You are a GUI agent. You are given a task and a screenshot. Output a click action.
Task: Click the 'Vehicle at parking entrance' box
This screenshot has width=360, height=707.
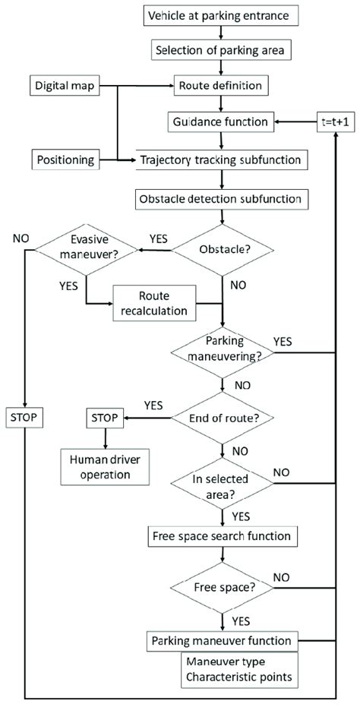tap(220, 15)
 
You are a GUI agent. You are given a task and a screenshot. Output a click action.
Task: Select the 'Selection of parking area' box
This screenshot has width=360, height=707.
tap(220, 52)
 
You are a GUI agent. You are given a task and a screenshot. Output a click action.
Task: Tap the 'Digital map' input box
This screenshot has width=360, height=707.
tap(65, 87)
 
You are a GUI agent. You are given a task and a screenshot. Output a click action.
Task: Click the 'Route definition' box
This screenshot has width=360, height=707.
tap(220, 87)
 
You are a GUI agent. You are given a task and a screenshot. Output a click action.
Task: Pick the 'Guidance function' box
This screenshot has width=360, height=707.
tap(220, 122)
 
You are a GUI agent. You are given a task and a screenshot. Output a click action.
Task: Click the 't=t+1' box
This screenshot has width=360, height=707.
tap(335, 122)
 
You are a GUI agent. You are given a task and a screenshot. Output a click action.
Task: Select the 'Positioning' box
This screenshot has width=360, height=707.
tap(65, 160)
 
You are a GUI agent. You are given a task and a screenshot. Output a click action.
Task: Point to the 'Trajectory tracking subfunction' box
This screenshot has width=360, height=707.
tap(220, 160)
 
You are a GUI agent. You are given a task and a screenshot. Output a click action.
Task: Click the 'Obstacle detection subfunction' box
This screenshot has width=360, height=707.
tap(220, 200)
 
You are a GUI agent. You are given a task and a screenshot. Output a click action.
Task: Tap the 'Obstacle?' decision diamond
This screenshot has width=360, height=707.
tap(220, 250)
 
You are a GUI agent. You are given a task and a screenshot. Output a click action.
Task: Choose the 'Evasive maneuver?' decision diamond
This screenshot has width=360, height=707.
tap(87, 250)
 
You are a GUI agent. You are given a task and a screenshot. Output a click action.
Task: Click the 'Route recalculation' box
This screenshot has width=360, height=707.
tap(159, 303)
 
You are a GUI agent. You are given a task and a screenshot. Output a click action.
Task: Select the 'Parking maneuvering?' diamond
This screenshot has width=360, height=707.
tap(220, 351)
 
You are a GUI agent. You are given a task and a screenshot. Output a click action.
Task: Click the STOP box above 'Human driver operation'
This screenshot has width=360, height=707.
tap(105, 417)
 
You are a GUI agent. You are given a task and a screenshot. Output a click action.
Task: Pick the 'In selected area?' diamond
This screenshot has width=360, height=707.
tap(220, 481)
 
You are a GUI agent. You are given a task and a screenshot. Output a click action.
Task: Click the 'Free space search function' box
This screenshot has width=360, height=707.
tap(220, 538)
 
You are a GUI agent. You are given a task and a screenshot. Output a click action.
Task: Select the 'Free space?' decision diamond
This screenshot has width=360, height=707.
tap(220, 588)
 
